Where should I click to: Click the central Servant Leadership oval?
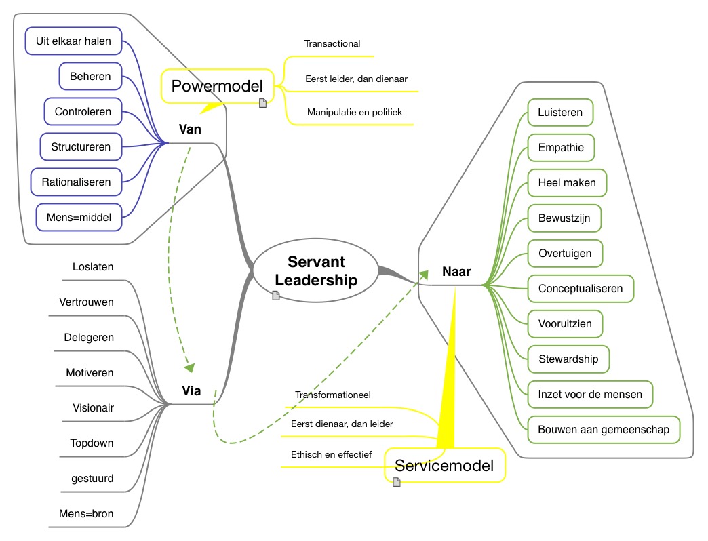click(x=316, y=271)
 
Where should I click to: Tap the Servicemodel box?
click(x=445, y=465)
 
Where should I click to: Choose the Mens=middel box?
click(x=79, y=218)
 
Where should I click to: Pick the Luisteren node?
click(x=560, y=113)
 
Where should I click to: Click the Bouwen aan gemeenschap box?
click(x=603, y=429)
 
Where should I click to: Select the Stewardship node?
click(x=568, y=359)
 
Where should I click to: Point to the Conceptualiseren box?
click(x=580, y=289)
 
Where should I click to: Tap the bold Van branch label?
click(x=190, y=129)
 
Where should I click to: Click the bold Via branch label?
click(x=191, y=390)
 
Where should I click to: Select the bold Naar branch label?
click(x=456, y=272)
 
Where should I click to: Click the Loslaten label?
click(x=93, y=267)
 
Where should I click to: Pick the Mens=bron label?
click(x=85, y=514)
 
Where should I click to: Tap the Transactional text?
click(x=332, y=43)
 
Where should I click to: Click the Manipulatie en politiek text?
click(x=355, y=112)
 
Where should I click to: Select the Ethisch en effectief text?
click(x=331, y=454)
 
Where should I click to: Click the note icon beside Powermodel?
click(x=262, y=103)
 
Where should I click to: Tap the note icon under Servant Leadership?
click(x=276, y=295)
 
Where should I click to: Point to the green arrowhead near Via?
click(x=189, y=367)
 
